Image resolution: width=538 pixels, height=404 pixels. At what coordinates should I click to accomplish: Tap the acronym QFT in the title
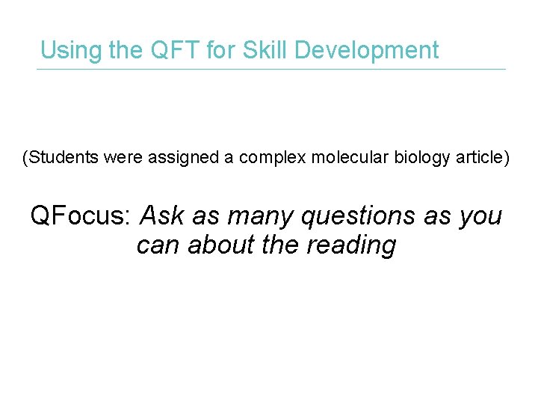[172, 50]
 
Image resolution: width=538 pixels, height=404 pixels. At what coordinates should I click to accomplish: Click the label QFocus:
[81, 216]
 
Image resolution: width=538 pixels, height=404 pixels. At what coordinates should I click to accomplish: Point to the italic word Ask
[161, 216]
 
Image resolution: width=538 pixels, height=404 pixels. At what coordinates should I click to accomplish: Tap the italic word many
[256, 217]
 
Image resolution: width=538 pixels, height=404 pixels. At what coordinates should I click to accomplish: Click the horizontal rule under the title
[271, 70]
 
